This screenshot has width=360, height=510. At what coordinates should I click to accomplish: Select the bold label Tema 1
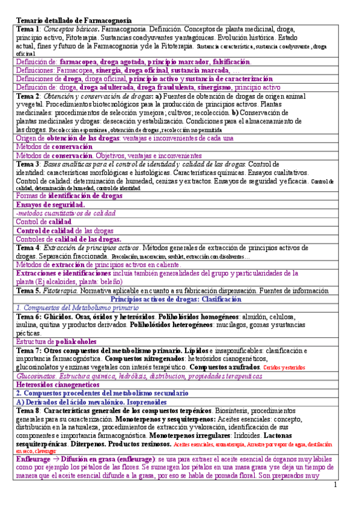pyautogui.click(x=28, y=29)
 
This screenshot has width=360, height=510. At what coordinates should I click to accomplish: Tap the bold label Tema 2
pyautogui.click(x=28, y=96)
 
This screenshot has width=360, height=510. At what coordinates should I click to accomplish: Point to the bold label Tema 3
pyautogui.click(x=28, y=164)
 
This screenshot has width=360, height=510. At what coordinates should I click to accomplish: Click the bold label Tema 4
pyautogui.click(x=28, y=248)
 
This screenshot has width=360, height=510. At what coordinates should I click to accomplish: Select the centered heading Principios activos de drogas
pyautogui.click(x=181, y=299)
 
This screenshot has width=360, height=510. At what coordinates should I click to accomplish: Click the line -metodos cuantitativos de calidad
pyautogui.click(x=66, y=214)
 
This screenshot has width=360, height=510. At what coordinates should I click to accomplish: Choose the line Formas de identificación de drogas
pyautogui.click(x=70, y=196)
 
